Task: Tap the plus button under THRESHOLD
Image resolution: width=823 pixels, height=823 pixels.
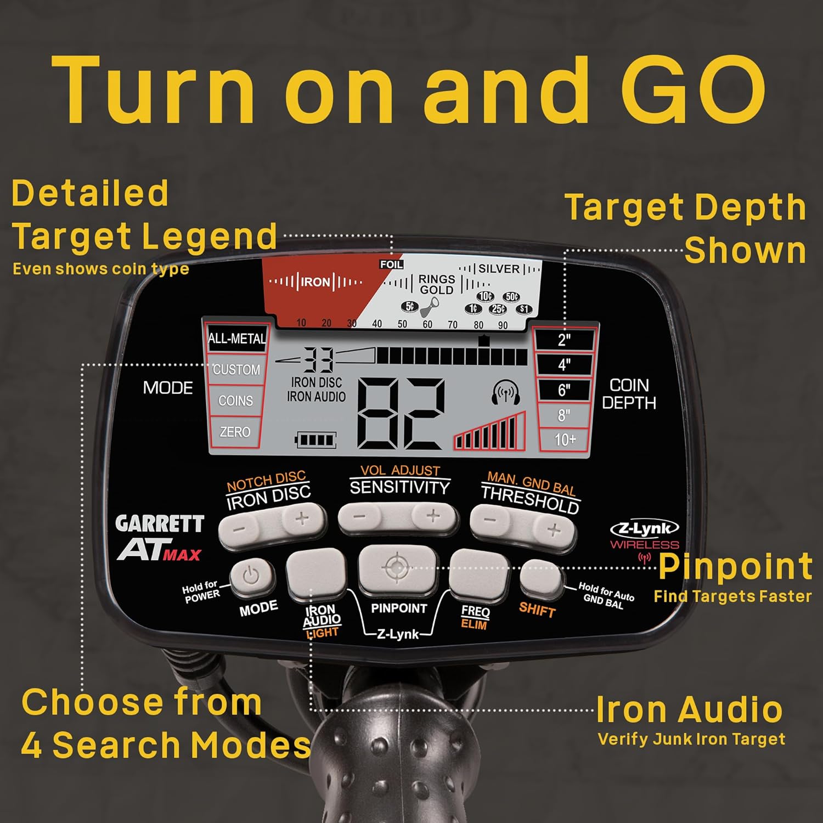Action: pos(553,529)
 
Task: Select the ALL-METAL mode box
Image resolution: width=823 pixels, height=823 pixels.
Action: pos(236,339)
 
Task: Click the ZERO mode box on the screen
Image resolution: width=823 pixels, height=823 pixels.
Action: pos(235,432)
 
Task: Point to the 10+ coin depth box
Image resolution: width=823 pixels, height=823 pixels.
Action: pos(565,439)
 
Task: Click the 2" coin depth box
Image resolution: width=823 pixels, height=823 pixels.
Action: pos(565,340)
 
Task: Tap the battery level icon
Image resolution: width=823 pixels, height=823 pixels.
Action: pos(315,440)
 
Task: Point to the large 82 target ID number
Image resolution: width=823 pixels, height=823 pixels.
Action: pos(401,414)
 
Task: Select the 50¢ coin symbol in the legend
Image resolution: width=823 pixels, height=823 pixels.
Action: pos(511,297)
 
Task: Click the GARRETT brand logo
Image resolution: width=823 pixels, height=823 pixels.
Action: pos(160,524)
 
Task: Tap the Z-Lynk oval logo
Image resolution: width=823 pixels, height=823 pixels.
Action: pos(645,528)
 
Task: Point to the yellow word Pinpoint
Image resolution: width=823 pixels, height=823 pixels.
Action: pos(735,567)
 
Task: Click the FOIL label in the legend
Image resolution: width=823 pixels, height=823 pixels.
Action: pos(392,264)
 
